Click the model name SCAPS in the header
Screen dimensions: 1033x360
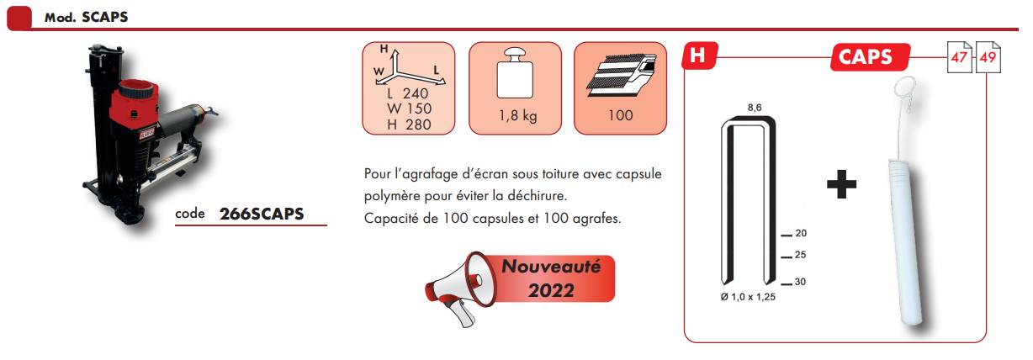pyautogui.click(x=104, y=17)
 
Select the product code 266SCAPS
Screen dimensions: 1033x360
pyautogui.click(x=262, y=214)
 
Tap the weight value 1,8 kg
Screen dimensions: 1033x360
pyautogui.click(x=517, y=115)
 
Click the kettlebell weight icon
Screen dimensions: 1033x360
pyautogui.click(x=515, y=73)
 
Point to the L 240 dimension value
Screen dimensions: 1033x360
pyautogui.click(x=408, y=93)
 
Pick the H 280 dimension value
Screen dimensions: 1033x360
pyautogui.click(x=409, y=124)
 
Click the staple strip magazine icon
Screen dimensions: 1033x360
pyautogui.click(x=621, y=74)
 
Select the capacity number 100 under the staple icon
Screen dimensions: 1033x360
pyautogui.click(x=620, y=115)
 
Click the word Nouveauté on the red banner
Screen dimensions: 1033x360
pyautogui.click(x=551, y=267)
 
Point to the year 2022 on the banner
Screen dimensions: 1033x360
pyautogui.click(x=551, y=290)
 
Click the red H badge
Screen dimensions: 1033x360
pyautogui.click(x=700, y=56)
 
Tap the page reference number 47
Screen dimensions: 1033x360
pyautogui.click(x=959, y=58)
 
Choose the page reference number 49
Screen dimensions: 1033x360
pyautogui.click(x=988, y=58)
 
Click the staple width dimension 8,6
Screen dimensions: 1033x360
pyautogui.click(x=755, y=108)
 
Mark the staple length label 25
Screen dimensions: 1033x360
pyautogui.click(x=800, y=255)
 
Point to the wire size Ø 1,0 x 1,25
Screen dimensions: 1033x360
pyautogui.click(x=748, y=297)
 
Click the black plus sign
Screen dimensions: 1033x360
pyautogui.click(x=841, y=184)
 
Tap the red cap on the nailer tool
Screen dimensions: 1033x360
pyautogui.click(x=136, y=90)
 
